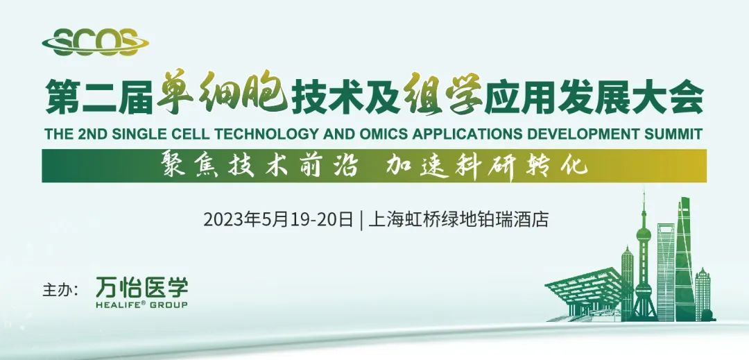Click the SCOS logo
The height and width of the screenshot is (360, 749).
[95, 42]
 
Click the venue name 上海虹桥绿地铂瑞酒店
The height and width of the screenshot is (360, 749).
[460, 220]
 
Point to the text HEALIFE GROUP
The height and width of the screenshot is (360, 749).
[141, 305]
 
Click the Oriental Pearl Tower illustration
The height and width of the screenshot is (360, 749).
[644, 257]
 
